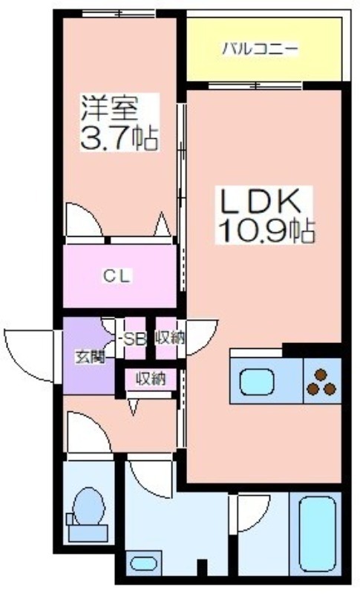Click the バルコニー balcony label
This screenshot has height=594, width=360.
(260, 50)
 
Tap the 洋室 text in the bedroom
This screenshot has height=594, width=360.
(108, 107)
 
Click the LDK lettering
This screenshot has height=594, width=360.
(262, 201)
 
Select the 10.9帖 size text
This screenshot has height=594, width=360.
(266, 230)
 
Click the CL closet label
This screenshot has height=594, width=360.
(117, 275)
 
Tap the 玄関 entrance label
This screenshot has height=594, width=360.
(90, 357)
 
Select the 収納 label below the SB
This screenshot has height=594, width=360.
(151, 379)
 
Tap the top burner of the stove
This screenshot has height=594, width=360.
(321, 374)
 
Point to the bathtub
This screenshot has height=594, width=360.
(317, 533)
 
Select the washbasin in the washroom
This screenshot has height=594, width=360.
(143, 564)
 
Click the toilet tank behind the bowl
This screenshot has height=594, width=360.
(88, 532)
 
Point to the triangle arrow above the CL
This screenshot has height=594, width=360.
(163, 224)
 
